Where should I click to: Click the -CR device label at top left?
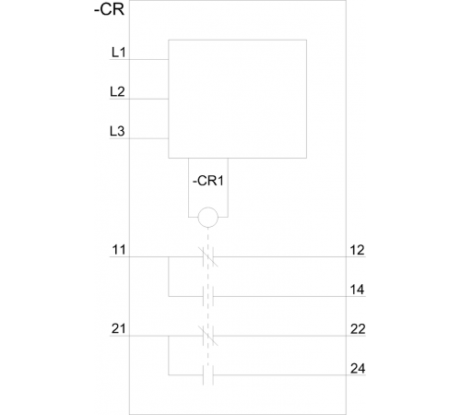point(109,9)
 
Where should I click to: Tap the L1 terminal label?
point(119,53)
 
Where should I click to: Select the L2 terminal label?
point(117,91)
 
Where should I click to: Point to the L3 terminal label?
point(117,131)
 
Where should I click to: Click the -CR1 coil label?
point(208,181)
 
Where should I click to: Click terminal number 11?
point(119,250)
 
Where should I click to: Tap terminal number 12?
point(358,250)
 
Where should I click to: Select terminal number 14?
point(358,290)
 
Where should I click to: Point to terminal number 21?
point(119,329)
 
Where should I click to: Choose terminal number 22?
point(358,329)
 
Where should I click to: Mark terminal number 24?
point(358,369)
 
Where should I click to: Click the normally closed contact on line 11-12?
point(208,256)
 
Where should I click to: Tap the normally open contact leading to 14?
point(208,296)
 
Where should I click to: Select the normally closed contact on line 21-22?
point(208,336)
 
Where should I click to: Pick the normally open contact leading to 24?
point(208,375)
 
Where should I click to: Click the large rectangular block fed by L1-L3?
point(169,99)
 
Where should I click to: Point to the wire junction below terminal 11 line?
point(169,256)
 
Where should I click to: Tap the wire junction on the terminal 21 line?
point(169,336)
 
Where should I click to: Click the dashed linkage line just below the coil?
point(208,237)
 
